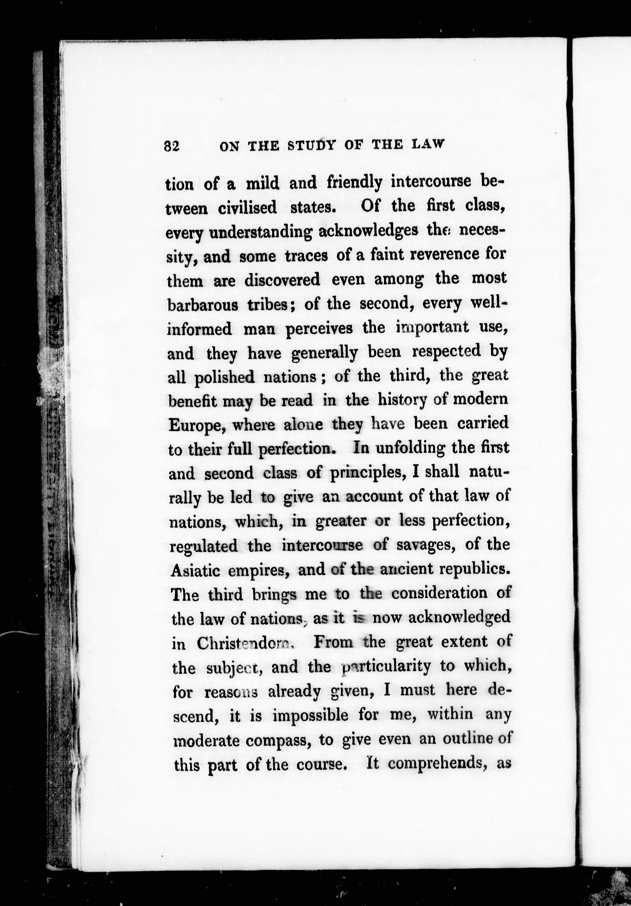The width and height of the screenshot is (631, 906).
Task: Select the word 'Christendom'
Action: (245, 643)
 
